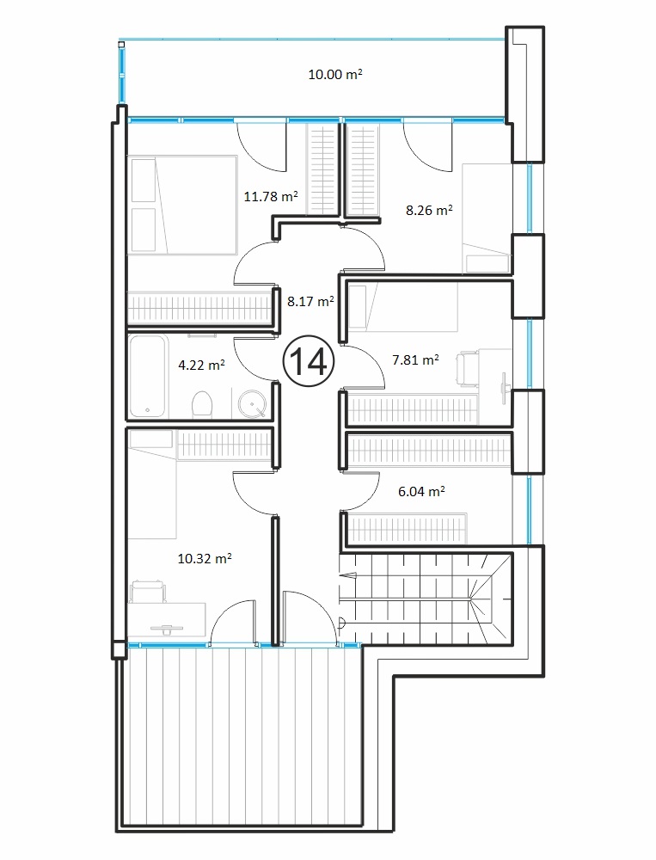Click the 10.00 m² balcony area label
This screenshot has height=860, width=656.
(x=335, y=74)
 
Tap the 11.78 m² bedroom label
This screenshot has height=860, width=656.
(x=271, y=196)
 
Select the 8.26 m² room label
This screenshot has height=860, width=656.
(x=430, y=210)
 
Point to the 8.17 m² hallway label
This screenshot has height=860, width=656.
(x=311, y=300)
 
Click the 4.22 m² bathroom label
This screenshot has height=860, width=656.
(x=202, y=364)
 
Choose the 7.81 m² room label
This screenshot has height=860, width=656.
(x=416, y=359)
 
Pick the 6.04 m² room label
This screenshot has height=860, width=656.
(x=421, y=491)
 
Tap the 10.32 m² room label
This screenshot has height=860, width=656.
(x=205, y=558)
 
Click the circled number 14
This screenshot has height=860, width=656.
(x=309, y=361)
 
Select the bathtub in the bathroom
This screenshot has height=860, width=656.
(x=147, y=377)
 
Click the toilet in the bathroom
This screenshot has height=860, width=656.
(x=202, y=404)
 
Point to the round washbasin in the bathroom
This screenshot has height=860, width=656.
(x=252, y=403)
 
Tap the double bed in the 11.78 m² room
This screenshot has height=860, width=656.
(x=182, y=205)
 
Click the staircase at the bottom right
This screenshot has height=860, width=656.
(x=426, y=599)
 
